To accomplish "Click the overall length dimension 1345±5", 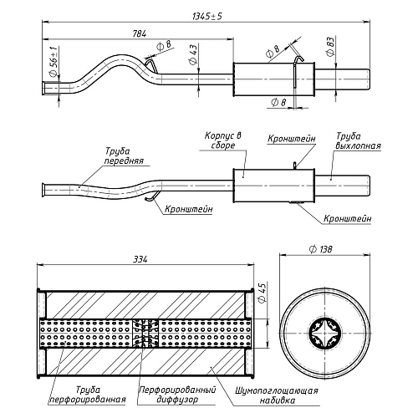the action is pos(207,17).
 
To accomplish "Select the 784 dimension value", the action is pos(140,33).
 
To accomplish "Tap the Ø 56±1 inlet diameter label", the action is pos(54,61).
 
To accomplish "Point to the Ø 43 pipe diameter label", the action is pos(193,54).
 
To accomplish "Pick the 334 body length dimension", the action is pos(140,259).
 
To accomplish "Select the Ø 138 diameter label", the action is pos(321,249).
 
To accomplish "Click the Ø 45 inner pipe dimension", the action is pos(263,293).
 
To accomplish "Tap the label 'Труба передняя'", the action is pos(125,156).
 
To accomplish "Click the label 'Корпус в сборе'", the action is pos(223,140).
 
